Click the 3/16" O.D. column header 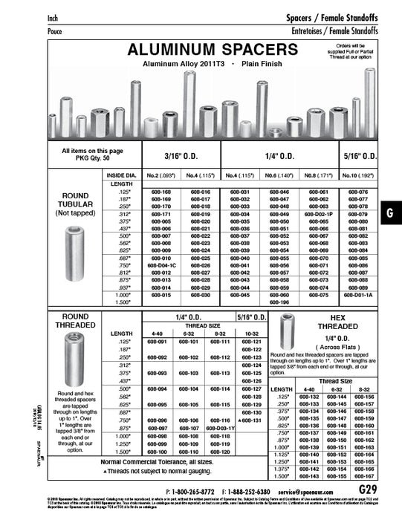pyautogui.click(x=181, y=157)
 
